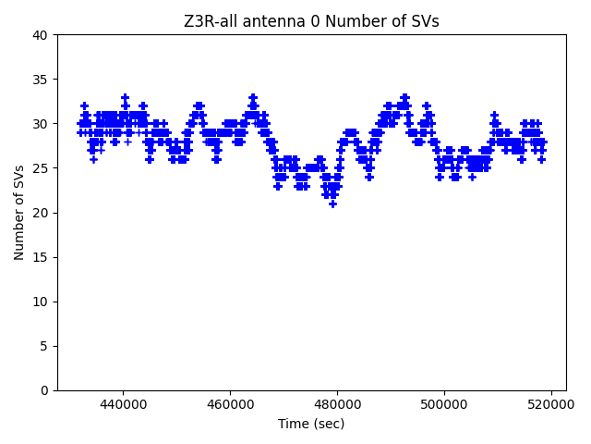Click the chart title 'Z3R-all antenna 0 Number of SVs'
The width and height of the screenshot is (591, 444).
click(311, 21)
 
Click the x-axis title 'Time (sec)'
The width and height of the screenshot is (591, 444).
click(311, 424)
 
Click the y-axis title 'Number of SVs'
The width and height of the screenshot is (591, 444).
click(19, 213)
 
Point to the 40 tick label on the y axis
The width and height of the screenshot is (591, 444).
click(40, 35)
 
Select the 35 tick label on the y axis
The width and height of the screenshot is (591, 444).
click(40, 80)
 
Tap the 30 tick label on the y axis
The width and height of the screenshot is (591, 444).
click(40, 124)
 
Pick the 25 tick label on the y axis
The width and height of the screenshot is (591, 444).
click(40, 168)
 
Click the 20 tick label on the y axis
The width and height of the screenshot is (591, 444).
click(40, 213)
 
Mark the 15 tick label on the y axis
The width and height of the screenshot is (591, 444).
click(40, 257)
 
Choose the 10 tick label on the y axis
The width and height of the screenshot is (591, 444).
click(40, 302)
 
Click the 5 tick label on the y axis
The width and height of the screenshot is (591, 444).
click(43, 346)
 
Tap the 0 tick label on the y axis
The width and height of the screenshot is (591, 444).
click(43, 390)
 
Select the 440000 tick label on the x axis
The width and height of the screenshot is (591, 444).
click(123, 404)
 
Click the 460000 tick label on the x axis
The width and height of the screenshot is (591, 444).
click(230, 404)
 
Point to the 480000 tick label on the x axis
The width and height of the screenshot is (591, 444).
click(337, 404)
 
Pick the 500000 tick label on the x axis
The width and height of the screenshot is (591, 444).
click(444, 404)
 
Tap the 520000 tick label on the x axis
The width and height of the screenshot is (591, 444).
click(551, 404)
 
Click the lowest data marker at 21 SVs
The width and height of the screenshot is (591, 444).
click(332, 203)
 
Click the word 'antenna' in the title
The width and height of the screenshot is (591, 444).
click(268, 21)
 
